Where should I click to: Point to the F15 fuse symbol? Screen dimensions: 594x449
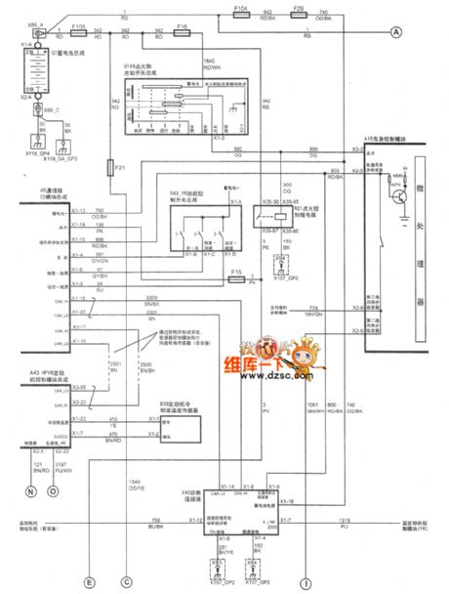pos(237,278)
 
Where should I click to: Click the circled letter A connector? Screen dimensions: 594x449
pos(396,32)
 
